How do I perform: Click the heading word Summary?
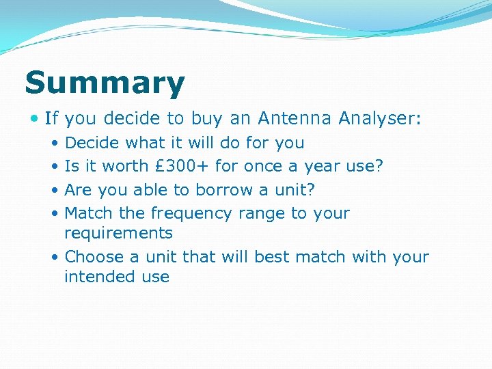[105, 84]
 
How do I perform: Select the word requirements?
[118, 233]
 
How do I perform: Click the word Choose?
[94, 257]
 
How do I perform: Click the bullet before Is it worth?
[55, 167]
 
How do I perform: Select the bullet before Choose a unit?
[55, 258]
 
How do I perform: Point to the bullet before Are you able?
[55, 190]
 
